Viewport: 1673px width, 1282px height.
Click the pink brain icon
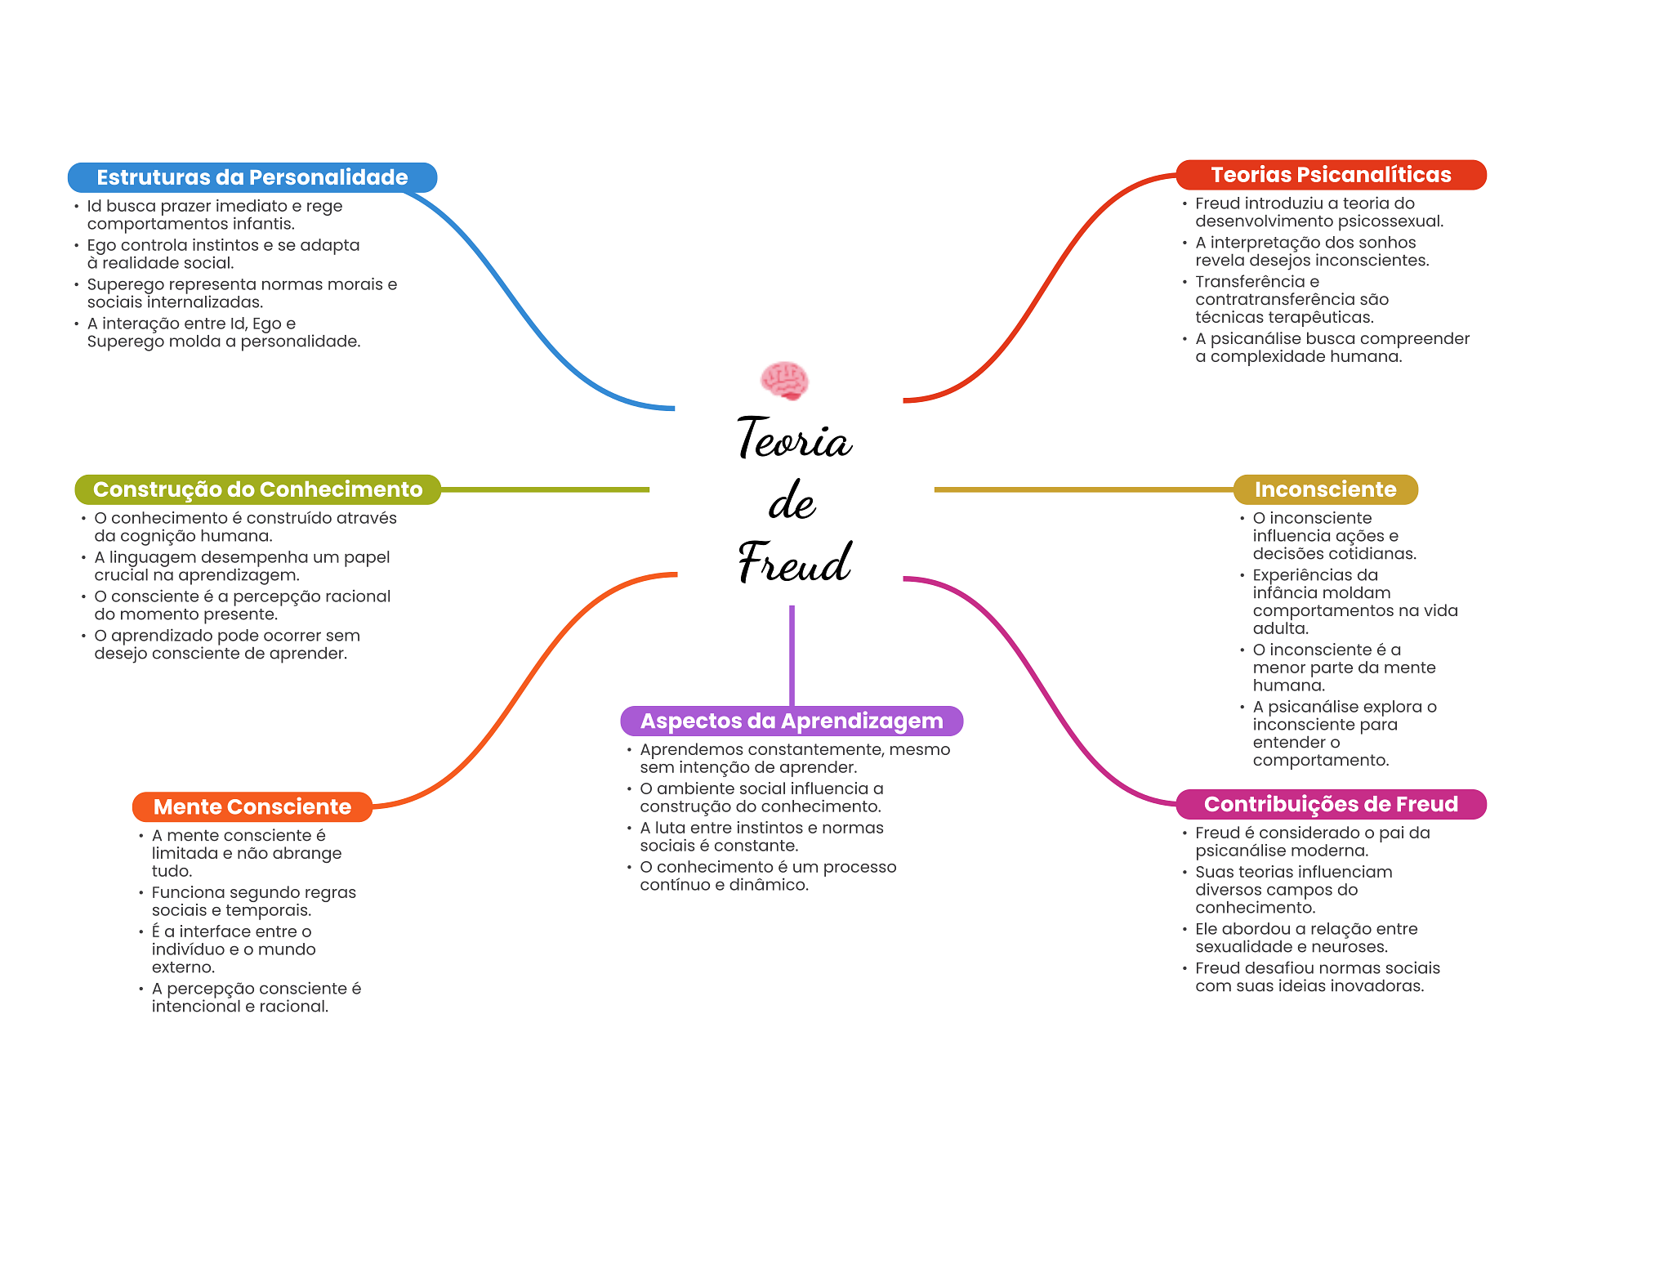click(784, 381)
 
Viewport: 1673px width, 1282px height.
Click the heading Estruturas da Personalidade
click(252, 177)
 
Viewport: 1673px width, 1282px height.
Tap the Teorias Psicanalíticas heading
click(1331, 175)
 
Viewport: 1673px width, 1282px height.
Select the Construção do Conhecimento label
click(257, 489)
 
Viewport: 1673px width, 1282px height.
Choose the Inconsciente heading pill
click(1325, 489)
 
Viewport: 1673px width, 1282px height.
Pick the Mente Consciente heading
click(252, 806)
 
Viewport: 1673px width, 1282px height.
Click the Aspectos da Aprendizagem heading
click(792, 721)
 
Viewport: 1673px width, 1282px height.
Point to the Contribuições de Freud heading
click(1331, 804)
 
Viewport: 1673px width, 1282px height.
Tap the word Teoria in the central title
click(794, 439)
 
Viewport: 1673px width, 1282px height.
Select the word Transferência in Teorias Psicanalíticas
click(1246, 282)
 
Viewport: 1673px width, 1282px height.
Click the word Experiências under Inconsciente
click(1293, 575)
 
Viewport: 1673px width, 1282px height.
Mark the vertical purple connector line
click(792, 654)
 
